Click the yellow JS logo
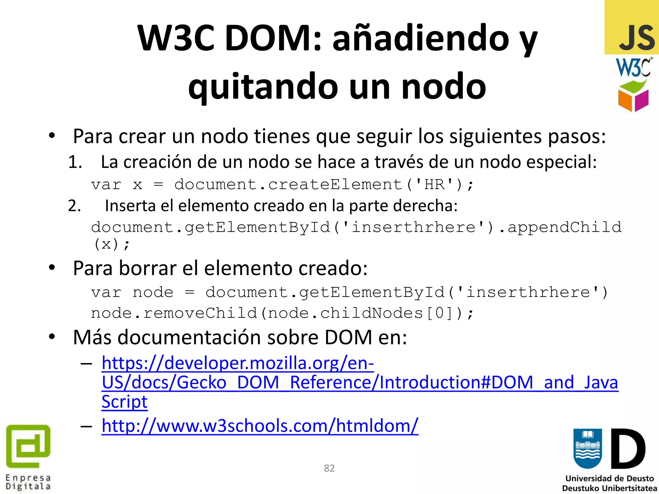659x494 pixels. click(x=632, y=27)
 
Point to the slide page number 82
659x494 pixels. click(x=329, y=468)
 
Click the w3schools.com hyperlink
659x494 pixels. click(x=260, y=426)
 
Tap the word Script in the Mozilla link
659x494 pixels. click(x=125, y=402)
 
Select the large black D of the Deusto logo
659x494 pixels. click(x=628, y=449)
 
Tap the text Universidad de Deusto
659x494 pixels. click(x=609, y=479)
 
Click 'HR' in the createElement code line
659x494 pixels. click(x=434, y=185)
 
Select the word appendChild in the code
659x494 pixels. click(x=564, y=227)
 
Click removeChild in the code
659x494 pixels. click(x=200, y=313)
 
